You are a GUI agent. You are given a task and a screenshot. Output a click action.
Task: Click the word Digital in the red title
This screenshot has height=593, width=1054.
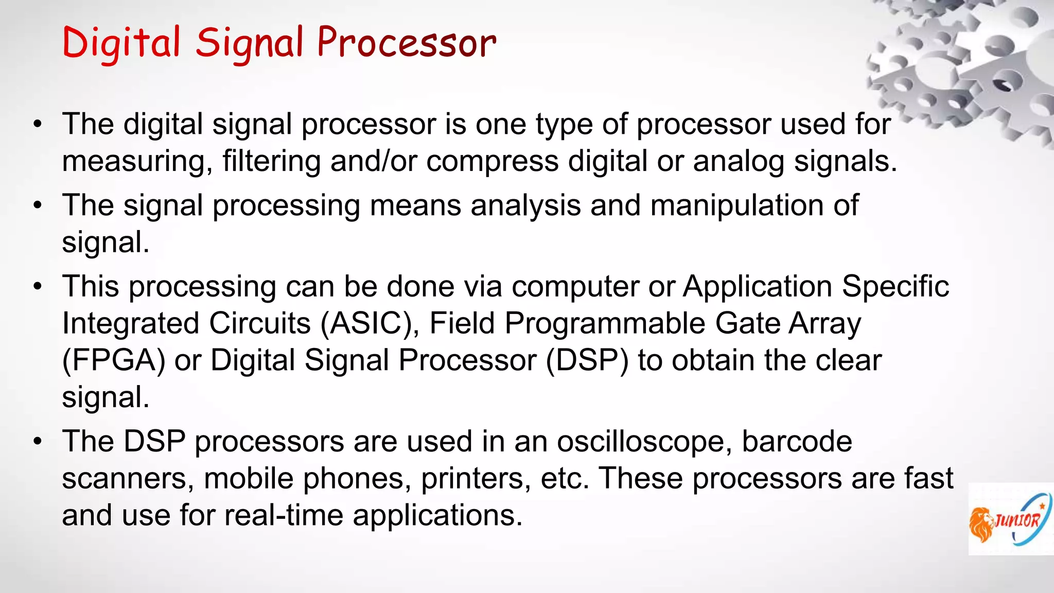[x=121, y=43]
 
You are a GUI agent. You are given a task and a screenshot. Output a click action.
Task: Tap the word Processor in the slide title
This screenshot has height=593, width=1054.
[x=407, y=43]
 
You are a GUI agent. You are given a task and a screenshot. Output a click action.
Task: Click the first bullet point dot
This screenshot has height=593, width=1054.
[x=37, y=125]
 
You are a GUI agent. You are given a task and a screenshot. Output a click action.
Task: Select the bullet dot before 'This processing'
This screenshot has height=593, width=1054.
[x=37, y=287]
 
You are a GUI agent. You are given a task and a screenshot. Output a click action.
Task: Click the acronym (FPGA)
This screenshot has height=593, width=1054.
[x=114, y=361]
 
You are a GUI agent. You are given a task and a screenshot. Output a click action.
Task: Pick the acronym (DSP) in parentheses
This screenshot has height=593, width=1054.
[x=587, y=361]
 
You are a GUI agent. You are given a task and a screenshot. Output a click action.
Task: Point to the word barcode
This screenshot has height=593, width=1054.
[x=797, y=442]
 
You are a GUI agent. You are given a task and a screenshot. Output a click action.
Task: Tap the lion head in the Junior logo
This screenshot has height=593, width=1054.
[x=981, y=524]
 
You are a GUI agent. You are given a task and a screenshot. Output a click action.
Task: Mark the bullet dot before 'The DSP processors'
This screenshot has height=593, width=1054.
[x=37, y=442]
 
